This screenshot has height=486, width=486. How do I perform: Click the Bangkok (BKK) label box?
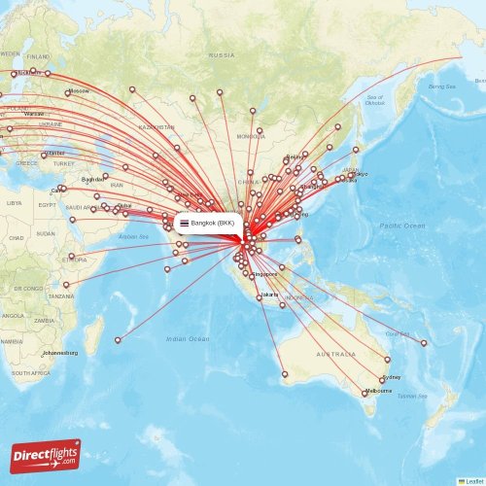206,223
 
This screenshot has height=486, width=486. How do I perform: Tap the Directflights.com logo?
46,456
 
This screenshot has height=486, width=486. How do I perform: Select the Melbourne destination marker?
364,393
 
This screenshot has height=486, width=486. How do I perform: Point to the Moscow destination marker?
67,93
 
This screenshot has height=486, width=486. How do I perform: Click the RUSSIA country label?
222,55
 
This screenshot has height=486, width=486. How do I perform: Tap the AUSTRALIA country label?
336,355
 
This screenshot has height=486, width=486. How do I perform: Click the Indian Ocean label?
188,338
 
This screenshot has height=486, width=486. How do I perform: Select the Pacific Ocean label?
402,226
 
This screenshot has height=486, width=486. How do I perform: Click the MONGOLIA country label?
251,137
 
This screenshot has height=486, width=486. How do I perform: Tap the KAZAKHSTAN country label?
156,126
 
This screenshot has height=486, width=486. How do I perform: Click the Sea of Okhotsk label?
375,99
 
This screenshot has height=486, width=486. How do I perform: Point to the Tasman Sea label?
412,397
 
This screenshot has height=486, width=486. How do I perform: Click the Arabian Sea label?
134,236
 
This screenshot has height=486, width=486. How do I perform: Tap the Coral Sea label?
397,334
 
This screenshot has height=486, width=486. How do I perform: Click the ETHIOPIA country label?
75,260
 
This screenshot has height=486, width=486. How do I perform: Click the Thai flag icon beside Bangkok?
184,223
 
